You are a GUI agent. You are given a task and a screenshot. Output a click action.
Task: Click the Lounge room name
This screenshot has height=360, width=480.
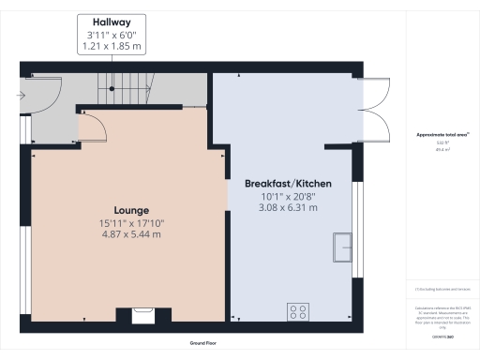tap(130, 210)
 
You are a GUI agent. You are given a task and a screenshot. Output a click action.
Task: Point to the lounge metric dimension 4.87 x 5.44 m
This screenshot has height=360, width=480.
tap(130, 234)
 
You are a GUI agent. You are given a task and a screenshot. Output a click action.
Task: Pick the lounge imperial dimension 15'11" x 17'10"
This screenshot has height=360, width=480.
tap(130, 222)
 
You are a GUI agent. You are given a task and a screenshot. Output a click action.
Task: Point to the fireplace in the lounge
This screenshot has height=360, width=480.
tap(143, 316)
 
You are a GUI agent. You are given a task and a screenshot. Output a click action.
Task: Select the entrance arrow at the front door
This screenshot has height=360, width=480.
tap(21, 95)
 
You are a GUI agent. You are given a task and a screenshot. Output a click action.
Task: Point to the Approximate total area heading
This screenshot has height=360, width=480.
tap(442, 135)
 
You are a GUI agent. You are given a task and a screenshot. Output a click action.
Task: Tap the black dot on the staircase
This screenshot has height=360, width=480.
tap(110, 88)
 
